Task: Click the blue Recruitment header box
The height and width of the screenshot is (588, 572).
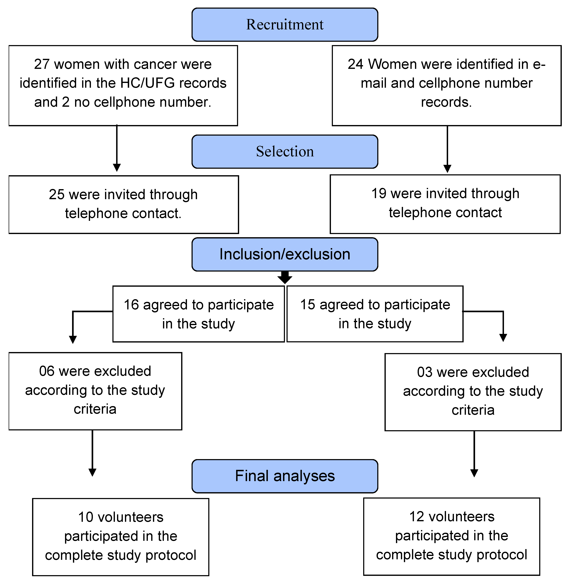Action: coord(285,25)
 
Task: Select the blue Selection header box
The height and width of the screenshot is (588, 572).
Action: coord(285,152)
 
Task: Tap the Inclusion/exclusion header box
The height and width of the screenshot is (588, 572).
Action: coord(285,254)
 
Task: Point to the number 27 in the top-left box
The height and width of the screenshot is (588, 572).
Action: coord(42,64)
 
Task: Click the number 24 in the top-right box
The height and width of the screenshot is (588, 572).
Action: coord(355,64)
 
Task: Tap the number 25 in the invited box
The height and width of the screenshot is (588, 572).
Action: coord(57,194)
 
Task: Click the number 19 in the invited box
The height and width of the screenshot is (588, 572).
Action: coord(379,194)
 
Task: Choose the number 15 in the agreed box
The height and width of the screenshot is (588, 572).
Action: coord(308,305)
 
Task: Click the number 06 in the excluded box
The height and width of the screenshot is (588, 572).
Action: coord(47,371)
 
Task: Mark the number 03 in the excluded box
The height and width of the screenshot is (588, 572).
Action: coord(425,372)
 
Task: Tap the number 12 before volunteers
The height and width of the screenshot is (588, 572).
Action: coord(417,517)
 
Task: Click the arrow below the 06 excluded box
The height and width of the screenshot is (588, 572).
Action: coord(93,453)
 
